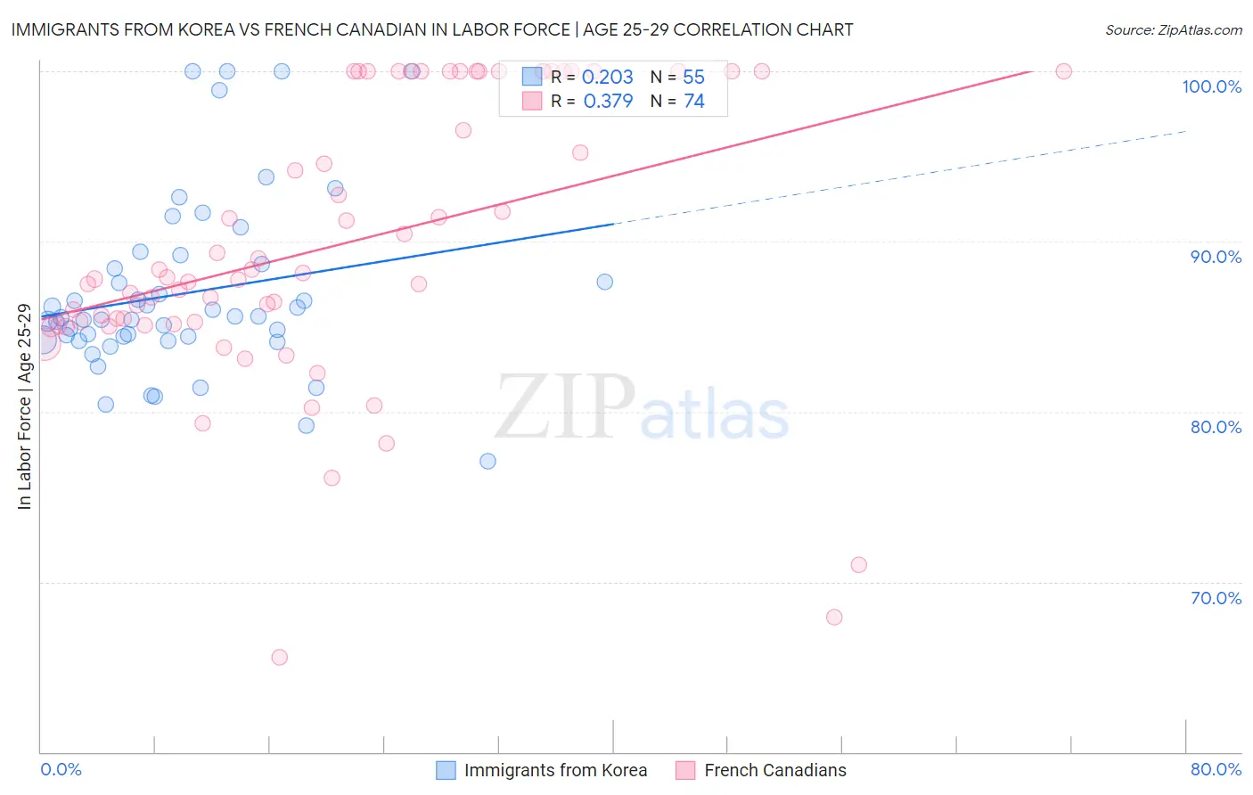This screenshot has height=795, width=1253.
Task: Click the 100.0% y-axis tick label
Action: [x=1211, y=86]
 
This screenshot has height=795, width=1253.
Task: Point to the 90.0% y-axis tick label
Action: [x=1216, y=257]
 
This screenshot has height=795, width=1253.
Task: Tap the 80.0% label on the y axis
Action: [x=1216, y=427]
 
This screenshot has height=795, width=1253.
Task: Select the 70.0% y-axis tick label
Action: [x=1216, y=598]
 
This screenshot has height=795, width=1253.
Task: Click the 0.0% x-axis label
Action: [x=61, y=769]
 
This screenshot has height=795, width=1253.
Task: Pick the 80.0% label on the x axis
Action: [x=1216, y=769]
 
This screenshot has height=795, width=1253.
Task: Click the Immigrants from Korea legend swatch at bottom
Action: [x=446, y=770]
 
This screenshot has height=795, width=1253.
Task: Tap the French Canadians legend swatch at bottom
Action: [x=685, y=770]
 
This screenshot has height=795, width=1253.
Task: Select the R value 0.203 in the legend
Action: [x=608, y=78]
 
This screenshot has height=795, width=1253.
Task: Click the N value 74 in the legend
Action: [x=694, y=102]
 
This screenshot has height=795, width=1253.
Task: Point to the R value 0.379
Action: [x=608, y=102]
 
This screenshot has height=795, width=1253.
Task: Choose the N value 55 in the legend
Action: [x=694, y=78]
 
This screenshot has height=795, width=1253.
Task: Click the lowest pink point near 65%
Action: [x=279, y=657]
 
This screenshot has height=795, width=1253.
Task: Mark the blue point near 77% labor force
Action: [x=487, y=461]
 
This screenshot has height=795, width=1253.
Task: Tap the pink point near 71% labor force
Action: [x=858, y=564]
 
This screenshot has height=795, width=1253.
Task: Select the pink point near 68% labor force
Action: [x=834, y=617]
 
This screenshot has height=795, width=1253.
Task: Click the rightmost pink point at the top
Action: [x=1063, y=71]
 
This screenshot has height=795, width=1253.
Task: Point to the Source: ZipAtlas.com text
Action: [x=1173, y=30]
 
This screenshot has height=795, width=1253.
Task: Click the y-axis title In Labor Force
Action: [x=24, y=406]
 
